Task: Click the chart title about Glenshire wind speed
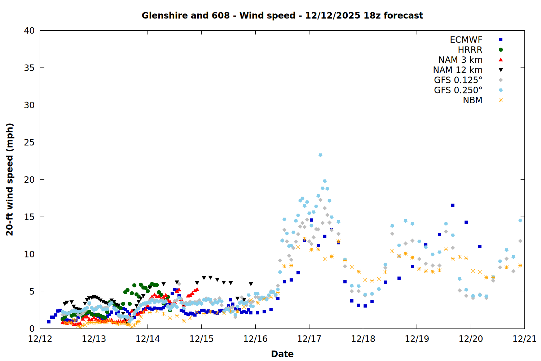click(x=282, y=16)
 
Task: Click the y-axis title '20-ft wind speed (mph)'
click(x=10, y=179)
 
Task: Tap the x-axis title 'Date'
click(x=282, y=354)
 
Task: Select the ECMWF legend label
click(x=466, y=40)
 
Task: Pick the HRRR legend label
click(x=470, y=50)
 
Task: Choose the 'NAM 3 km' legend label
click(x=460, y=60)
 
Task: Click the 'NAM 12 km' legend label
click(x=458, y=70)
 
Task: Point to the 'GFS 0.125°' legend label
click(x=458, y=80)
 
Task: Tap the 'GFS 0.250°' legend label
click(x=458, y=90)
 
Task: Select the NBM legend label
click(x=472, y=100)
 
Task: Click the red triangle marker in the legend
click(x=501, y=60)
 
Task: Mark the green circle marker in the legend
click(x=501, y=50)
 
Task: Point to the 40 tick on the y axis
click(x=29, y=31)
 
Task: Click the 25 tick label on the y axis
click(x=29, y=142)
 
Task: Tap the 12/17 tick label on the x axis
click(x=309, y=339)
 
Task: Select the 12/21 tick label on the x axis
click(x=524, y=339)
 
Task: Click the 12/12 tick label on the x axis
click(x=40, y=339)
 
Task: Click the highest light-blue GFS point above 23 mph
click(x=320, y=155)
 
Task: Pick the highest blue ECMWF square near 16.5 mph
click(x=453, y=205)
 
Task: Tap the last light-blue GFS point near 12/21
click(x=520, y=220)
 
